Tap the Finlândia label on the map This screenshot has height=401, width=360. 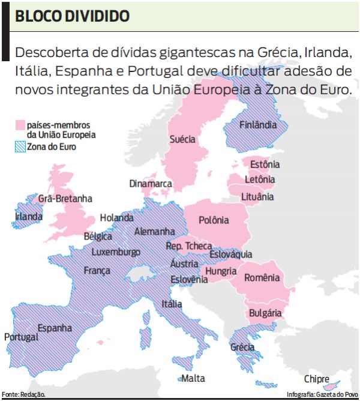click(x=258, y=125)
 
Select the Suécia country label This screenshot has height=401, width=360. click(x=182, y=139)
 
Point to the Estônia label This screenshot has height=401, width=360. click(x=265, y=164)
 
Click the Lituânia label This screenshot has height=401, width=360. click(x=257, y=196)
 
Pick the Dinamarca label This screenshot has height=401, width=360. click(x=151, y=184)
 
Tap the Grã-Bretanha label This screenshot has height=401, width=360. click(x=65, y=198)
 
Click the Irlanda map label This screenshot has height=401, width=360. click(x=29, y=216)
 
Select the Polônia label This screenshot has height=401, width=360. click(x=214, y=220)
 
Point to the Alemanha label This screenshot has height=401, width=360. click(x=155, y=232)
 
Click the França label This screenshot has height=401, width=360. click(x=97, y=271)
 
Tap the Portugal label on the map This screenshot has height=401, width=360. click(x=21, y=337)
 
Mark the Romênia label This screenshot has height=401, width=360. click(x=262, y=278)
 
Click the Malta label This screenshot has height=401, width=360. click(x=193, y=378)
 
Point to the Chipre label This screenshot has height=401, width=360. click(x=316, y=379)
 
